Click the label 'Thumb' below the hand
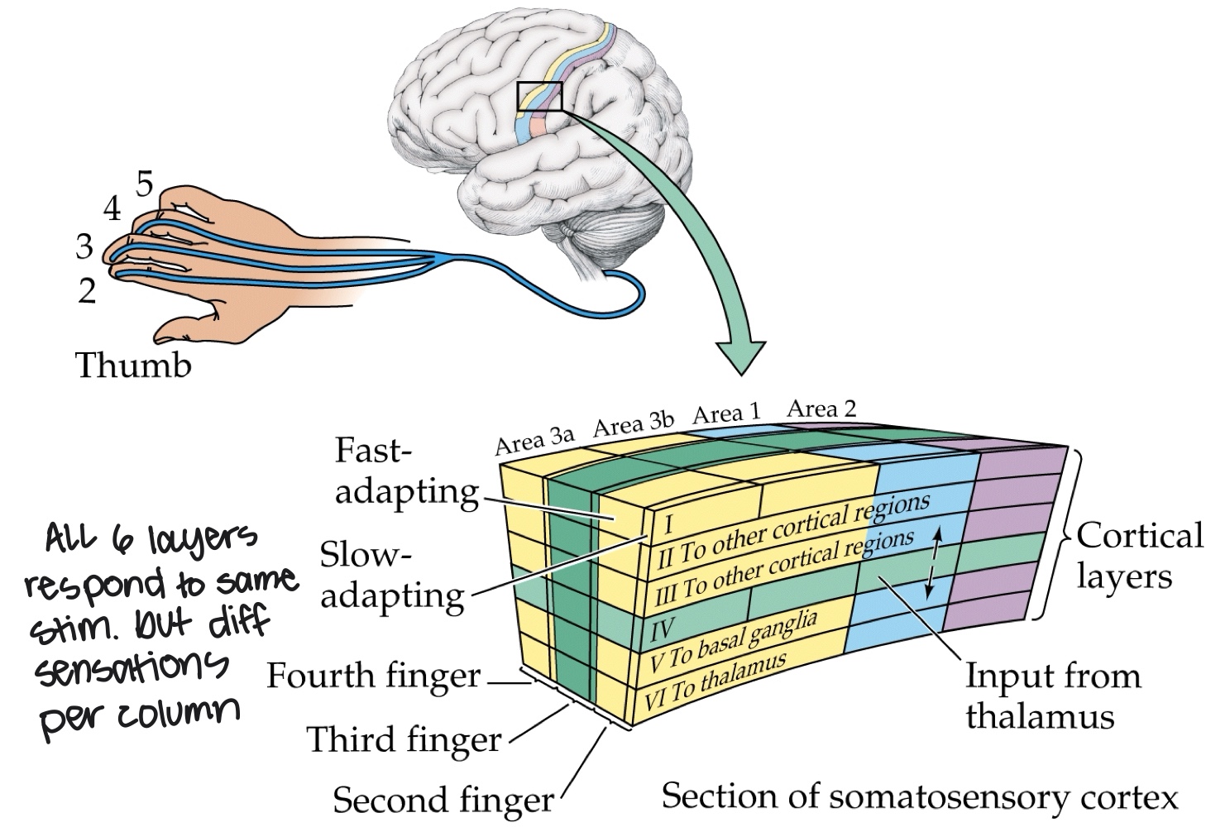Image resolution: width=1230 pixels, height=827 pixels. pyautogui.click(x=133, y=365)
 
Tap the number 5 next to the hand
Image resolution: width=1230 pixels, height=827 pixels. pyautogui.click(x=145, y=184)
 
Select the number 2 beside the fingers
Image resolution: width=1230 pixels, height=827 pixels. pyautogui.click(x=87, y=291)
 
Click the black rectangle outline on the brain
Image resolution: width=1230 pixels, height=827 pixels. pyautogui.click(x=539, y=97)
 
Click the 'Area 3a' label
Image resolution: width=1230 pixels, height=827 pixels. pyautogui.click(x=534, y=440)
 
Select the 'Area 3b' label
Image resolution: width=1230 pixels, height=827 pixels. pyautogui.click(x=633, y=423)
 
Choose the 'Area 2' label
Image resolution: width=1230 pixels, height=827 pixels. pyautogui.click(x=821, y=408)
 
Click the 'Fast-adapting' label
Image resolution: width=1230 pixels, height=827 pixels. pyautogui.click(x=405, y=471)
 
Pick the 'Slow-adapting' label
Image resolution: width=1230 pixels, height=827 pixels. pyautogui.click(x=392, y=575)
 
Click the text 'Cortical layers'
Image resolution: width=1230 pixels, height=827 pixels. pyautogui.click(x=1138, y=555)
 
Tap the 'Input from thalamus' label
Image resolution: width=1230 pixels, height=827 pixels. pyautogui.click(x=1052, y=696)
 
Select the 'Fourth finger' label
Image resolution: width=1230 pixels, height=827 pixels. pyautogui.click(x=373, y=676)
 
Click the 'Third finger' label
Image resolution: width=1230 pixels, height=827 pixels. pyautogui.click(x=404, y=739)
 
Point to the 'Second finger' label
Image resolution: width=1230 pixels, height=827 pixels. pyautogui.click(x=443, y=800)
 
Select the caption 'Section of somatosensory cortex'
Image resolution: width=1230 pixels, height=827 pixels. pyautogui.click(x=919, y=796)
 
